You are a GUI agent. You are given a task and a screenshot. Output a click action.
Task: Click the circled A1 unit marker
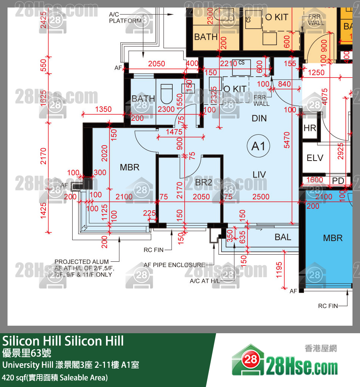[x=259, y=146]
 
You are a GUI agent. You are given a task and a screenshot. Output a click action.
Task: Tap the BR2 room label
[x=204, y=182]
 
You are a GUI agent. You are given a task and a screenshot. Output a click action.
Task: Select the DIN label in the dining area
[x=259, y=118]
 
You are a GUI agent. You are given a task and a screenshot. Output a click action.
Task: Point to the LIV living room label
[x=259, y=175]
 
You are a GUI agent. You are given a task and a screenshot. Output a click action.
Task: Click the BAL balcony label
[x=283, y=237]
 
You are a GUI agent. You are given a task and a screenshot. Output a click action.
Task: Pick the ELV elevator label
[x=315, y=158]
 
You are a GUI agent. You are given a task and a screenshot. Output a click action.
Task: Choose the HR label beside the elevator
[x=310, y=128]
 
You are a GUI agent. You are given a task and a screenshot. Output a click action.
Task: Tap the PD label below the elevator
[x=338, y=181]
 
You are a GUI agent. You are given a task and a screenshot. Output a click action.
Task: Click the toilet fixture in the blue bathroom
[x=166, y=94]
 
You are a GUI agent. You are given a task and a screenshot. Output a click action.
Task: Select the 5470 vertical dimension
[x=287, y=140]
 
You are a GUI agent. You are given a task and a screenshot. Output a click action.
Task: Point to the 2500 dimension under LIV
[x=261, y=197]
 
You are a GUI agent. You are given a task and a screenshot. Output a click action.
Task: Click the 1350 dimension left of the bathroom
[x=103, y=109]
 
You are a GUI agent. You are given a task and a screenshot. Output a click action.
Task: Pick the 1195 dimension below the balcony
[x=279, y=270]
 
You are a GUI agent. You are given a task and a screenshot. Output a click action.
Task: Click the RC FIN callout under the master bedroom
[x=153, y=250]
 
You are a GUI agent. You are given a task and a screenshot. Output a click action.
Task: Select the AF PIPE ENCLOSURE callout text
[x=174, y=265]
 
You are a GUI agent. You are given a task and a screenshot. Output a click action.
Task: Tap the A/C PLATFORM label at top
[x=125, y=18]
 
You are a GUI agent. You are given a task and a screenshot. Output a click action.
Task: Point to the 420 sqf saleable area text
[x=55, y=377]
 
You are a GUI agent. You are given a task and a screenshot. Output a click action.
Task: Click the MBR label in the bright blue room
[x=333, y=238]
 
